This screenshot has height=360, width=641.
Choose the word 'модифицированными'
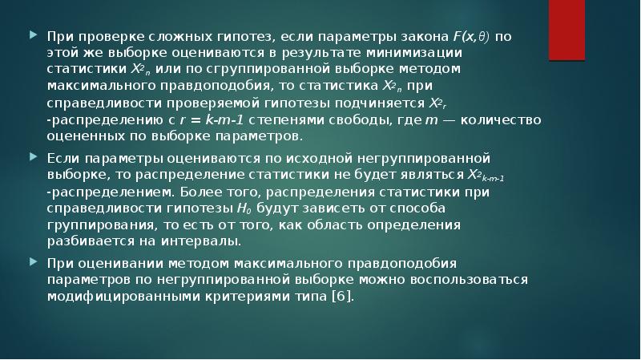pos(109,295)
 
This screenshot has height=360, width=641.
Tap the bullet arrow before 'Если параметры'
pos(32,158)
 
